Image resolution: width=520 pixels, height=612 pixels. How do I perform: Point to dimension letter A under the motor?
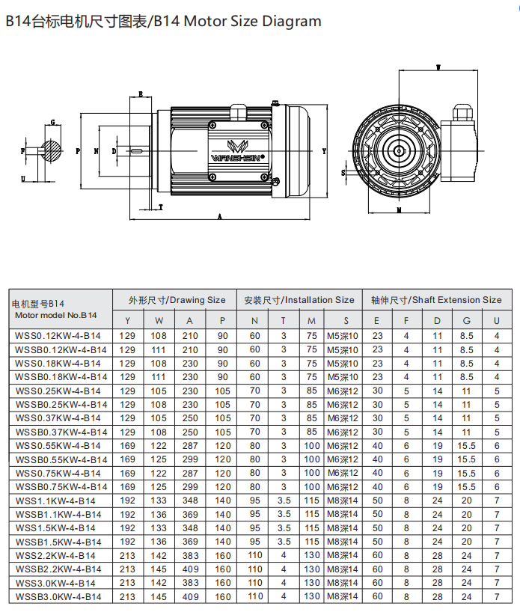tap(220, 215)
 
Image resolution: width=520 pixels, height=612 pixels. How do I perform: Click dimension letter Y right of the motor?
tap(324, 150)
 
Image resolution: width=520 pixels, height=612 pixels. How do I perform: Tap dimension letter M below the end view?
tap(399, 210)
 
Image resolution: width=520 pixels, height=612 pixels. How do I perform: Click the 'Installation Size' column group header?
tap(299, 300)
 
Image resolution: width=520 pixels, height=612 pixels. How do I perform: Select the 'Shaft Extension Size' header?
tap(436, 300)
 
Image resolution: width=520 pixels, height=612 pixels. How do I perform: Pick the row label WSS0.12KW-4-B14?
tap(58, 336)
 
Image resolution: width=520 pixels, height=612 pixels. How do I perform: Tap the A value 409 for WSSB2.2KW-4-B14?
tap(191, 569)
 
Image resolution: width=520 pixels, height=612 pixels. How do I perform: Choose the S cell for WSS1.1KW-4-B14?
tap(343, 501)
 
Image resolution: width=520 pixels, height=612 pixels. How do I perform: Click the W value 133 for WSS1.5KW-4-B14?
tap(159, 528)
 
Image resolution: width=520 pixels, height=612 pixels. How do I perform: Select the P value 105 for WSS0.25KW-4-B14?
tap(222, 391)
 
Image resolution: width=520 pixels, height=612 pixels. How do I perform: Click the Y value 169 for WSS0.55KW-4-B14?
tap(128, 446)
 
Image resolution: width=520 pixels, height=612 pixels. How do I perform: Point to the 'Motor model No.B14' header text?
tap(55, 315)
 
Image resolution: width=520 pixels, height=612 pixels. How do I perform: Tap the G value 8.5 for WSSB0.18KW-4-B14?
tap(467, 377)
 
